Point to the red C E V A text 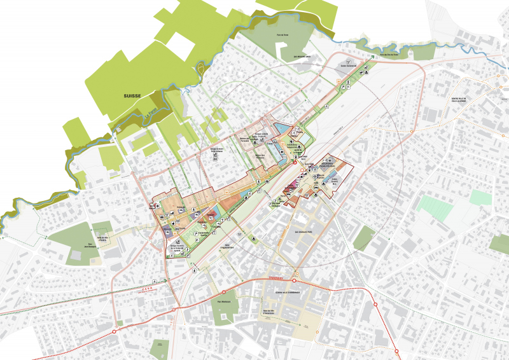(x=147, y=288)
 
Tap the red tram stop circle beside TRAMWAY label (x=295, y=280)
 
